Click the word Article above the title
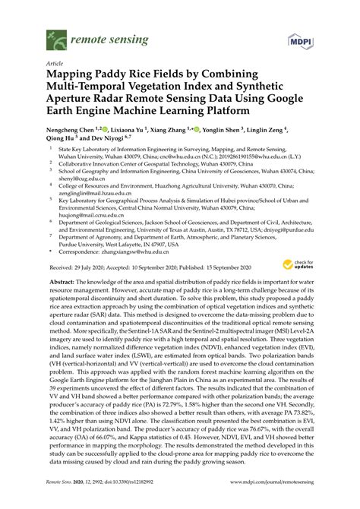pyautogui.click(x=55, y=65)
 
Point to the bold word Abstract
pyautogui.click(x=63, y=281)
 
